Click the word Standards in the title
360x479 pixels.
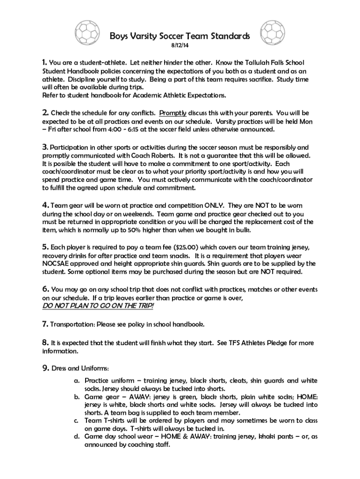229,36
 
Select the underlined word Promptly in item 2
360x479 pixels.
173,113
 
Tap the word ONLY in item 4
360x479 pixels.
214,205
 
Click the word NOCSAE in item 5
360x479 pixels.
58,263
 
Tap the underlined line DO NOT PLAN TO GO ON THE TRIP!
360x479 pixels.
98,305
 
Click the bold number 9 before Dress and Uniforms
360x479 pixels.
45,368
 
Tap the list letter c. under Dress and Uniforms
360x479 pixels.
76,421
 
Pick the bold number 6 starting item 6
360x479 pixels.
45,289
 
